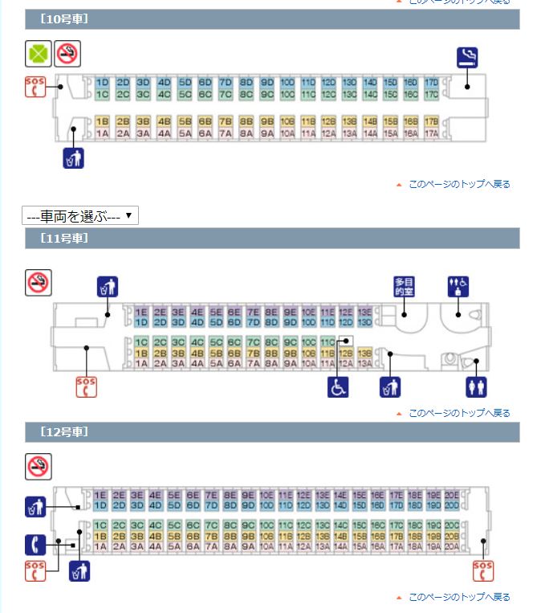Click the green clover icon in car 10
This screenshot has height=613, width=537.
coord(38,55)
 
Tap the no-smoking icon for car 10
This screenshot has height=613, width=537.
coord(67,55)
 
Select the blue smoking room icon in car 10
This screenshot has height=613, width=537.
coord(468,56)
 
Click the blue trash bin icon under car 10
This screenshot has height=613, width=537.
coord(73,157)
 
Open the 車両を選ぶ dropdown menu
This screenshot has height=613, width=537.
coord(81,215)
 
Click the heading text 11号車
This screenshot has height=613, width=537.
coord(63,239)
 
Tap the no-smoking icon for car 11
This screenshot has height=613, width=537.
coord(38,282)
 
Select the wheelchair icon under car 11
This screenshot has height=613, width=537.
coord(338,386)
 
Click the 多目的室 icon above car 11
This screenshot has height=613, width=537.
coord(405,287)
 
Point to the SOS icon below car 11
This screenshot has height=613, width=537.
coord(85,386)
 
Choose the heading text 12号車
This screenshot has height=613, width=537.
coord(63,431)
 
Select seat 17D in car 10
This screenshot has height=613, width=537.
coord(431,83)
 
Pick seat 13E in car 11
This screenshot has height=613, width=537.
coord(364,312)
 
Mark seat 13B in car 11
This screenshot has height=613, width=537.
coord(364,353)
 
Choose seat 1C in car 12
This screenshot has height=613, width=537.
coord(100,525)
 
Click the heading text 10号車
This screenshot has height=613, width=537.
coord(63,16)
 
